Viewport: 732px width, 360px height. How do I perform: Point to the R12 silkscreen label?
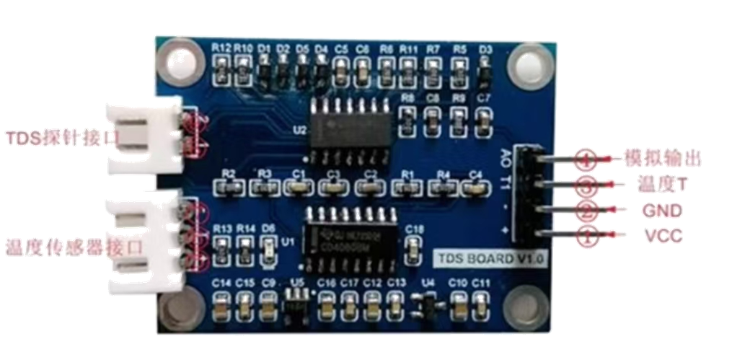point(221,48)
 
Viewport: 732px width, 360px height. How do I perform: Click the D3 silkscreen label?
point(485,49)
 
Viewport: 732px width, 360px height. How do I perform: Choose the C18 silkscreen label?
point(414,229)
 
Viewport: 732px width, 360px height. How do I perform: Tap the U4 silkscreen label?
point(429,282)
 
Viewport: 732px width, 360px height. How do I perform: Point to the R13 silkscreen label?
point(222,229)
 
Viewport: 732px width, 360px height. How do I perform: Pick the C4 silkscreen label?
point(475,175)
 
